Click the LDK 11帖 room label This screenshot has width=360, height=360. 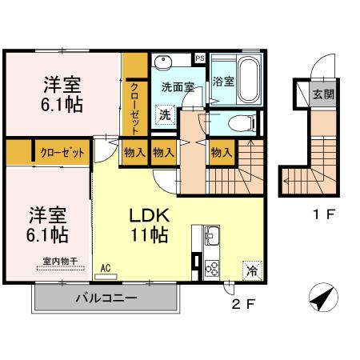click(149, 225)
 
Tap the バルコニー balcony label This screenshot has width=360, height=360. click(106, 299)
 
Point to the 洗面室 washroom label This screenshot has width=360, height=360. click(178, 86)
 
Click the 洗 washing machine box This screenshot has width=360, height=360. click(164, 114)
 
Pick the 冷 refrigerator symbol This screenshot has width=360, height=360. click(251, 270)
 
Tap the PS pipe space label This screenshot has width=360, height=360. click(199, 58)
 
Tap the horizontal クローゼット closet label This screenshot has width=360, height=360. click(57, 151)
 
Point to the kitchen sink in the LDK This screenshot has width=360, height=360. click(212, 237)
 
